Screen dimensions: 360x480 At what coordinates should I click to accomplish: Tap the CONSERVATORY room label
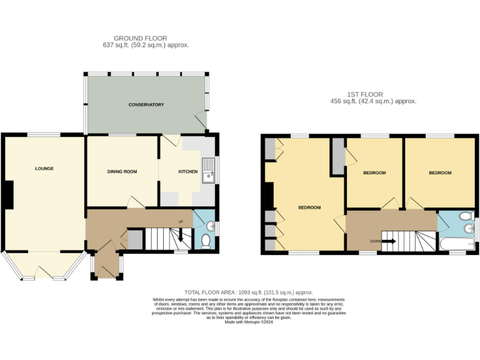146,104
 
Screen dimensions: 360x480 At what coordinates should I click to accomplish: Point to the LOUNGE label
44,168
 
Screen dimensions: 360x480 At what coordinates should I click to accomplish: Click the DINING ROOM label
122,171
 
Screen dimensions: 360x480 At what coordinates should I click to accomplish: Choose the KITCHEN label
187,171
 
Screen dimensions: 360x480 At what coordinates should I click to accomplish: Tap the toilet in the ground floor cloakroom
207,240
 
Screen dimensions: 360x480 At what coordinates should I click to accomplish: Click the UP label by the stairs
181,222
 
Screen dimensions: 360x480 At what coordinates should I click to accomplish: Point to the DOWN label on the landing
375,241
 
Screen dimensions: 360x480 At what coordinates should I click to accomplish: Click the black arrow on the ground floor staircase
181,236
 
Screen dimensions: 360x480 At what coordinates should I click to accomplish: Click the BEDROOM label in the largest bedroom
309,207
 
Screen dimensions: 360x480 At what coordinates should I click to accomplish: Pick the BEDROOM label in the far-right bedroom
439,172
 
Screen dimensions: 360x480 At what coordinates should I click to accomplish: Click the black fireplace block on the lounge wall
9,194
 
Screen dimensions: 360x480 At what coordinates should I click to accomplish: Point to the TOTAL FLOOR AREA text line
248,292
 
